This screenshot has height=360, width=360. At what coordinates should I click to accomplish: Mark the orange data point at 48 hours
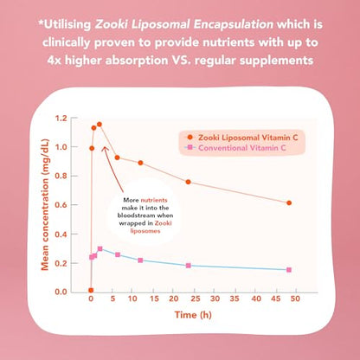pyautogui.click(x=289, y=202)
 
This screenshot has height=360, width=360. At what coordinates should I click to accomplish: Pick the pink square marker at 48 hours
pyautogui.click(x=289, y=269)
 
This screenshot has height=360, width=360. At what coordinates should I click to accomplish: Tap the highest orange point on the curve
pyautogui.click(x=100, y=124)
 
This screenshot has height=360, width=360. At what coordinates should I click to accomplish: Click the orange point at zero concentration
pyautogui.click(x=91, y=291)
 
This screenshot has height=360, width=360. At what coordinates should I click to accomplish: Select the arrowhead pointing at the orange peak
pyautogui.click(x=105, y=147)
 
